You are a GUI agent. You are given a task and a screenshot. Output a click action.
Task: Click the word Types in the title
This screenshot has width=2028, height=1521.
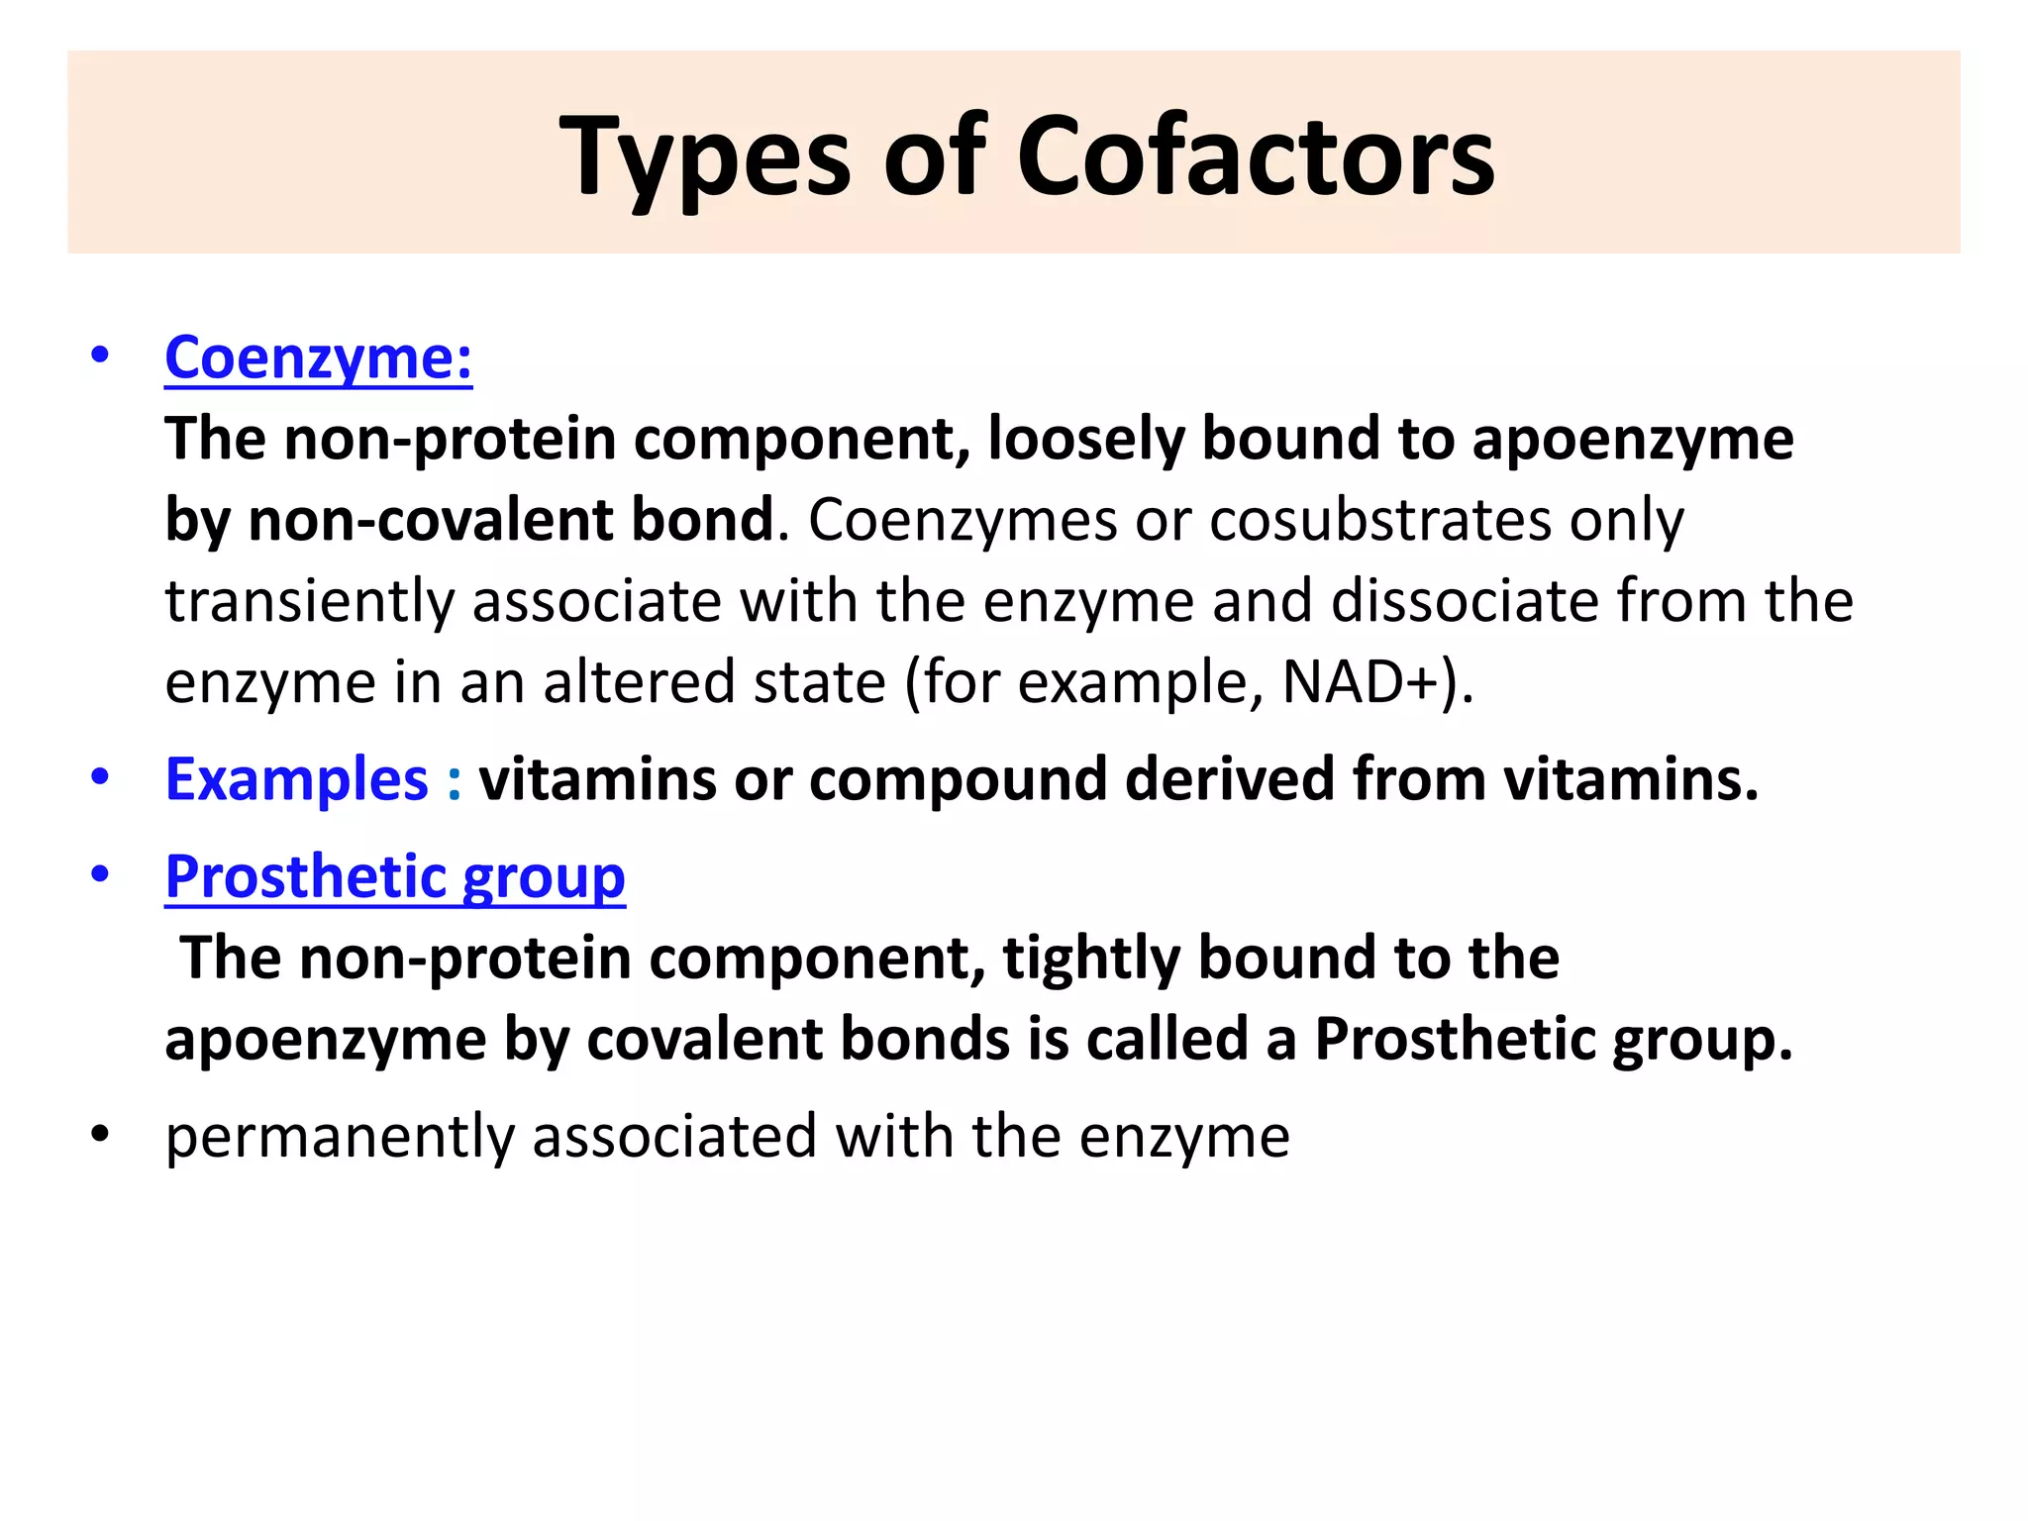(x=704, y=157)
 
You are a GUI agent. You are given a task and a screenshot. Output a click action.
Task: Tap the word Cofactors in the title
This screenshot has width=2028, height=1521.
(x=1255, y=157)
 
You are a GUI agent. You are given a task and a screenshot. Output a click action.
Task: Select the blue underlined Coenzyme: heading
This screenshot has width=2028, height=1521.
(x=318, y=357)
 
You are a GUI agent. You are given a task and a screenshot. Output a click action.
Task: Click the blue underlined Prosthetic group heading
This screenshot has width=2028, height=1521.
(x=395, y=877)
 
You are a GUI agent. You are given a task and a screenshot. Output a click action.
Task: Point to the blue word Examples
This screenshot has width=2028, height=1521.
(x=296, y=779)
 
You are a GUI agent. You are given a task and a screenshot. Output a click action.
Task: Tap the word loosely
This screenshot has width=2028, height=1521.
(x=1085, y=439)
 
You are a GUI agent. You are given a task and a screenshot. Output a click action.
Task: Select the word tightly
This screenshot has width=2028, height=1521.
(x=1091, y=959)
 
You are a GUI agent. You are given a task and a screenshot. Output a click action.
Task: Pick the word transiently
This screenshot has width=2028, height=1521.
(x=309, y=601)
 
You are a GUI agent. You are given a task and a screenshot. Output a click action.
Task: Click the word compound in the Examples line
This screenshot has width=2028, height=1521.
(x=958, y=779)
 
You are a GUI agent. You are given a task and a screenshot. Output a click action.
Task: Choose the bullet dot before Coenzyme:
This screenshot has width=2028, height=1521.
(x=99, y=355)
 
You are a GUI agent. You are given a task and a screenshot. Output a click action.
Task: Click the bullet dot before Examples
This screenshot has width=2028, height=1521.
(x=99, y=777)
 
